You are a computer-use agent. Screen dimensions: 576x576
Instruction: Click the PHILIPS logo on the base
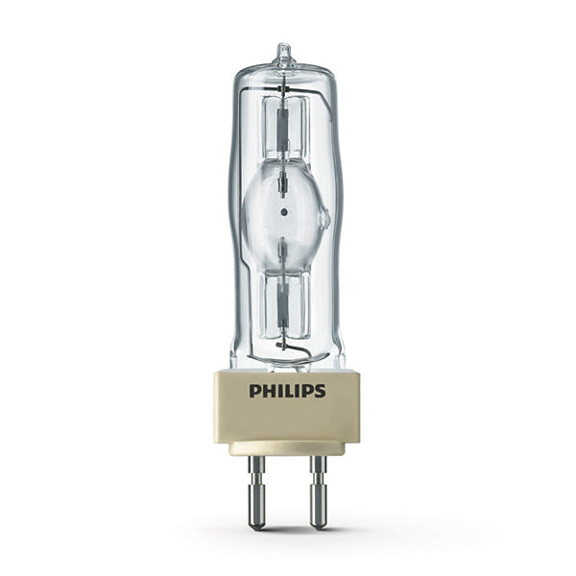287,391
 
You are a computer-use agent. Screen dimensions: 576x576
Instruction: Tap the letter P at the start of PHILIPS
254,391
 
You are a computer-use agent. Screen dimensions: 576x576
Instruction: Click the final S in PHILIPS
321,391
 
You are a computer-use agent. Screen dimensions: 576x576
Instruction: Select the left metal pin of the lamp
256,492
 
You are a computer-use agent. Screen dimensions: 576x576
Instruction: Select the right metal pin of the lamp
318,492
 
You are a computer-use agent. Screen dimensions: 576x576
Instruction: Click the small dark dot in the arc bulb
283,212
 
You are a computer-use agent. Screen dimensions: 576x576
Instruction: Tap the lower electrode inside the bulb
283,251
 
